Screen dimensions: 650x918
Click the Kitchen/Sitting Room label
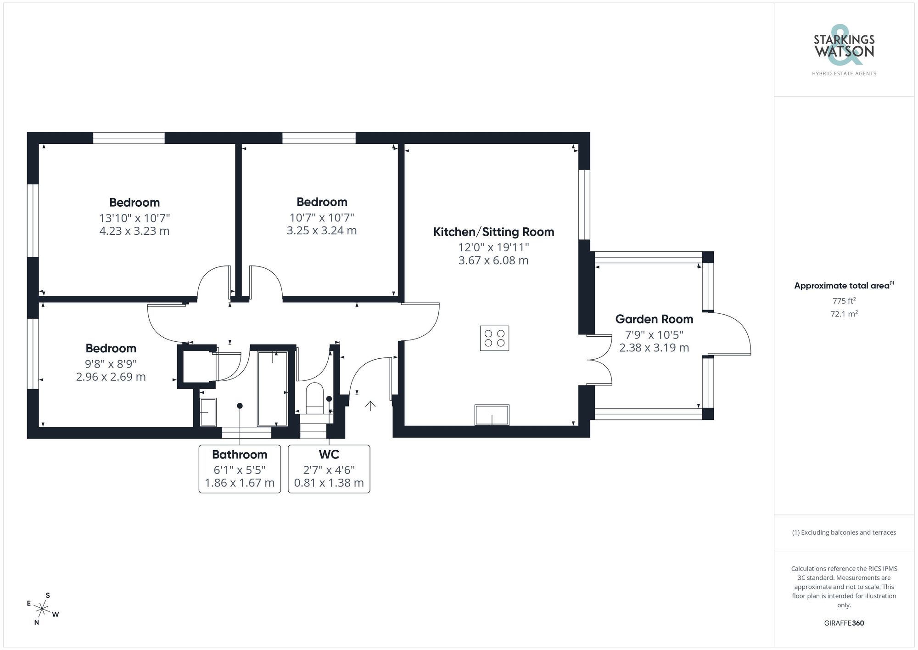[493, 232]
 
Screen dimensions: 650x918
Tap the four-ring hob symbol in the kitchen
[494, 339]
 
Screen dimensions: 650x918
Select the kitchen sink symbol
[492, 415]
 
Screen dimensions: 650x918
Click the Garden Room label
[654, 319]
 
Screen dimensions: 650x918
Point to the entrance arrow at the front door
[370, 406]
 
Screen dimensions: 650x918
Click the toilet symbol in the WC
[314, 396]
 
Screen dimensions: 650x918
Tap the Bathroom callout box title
[240, 455]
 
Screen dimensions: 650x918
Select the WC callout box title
[329, 455]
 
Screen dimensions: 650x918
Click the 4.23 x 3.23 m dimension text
[134, 231]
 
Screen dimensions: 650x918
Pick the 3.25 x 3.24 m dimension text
[321, 231]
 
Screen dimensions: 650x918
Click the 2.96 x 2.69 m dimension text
[111, 377]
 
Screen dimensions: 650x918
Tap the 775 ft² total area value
[844, 301]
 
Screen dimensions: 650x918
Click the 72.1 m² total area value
[844, 314]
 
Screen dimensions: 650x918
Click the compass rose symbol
[42, 610]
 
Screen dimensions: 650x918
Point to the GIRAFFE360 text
[844, 623]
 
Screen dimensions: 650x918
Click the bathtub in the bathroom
[272, 389]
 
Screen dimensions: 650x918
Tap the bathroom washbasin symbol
[208, 412]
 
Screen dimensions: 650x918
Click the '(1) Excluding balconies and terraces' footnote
[844, 533]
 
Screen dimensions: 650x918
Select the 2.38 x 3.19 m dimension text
[654, 348]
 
